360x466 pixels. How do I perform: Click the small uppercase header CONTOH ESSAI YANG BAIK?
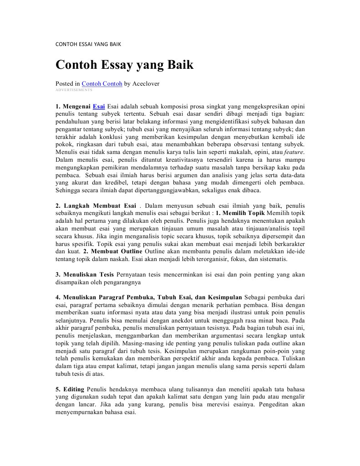point(88,44)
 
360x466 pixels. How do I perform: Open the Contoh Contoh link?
point(102,84)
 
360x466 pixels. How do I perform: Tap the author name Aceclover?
point(146,84)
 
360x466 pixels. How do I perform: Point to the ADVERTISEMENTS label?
point(74,90)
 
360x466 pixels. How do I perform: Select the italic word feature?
point(294,152)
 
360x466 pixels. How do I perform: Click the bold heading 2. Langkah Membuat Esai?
point(96,205)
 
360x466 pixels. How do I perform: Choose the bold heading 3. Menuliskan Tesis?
point(85,275)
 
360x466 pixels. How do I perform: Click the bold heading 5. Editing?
point(70,389)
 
